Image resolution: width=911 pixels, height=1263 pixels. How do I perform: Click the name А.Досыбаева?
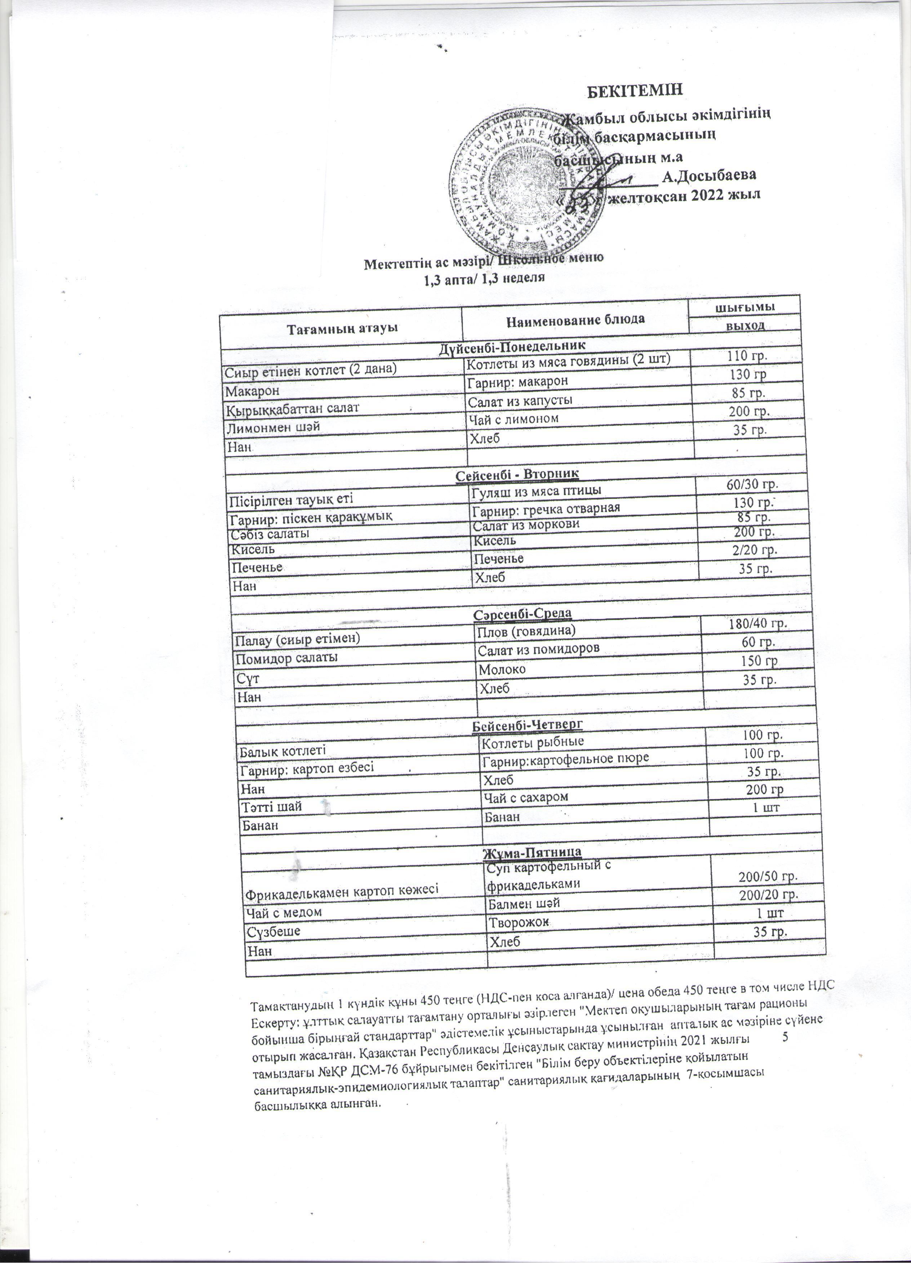coord(709,176)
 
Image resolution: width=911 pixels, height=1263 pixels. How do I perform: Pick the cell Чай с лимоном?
coord(513,418)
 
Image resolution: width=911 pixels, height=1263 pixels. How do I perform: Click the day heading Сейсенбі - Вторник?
coord(517,473)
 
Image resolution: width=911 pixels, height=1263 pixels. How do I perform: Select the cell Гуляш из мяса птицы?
coord(536,491)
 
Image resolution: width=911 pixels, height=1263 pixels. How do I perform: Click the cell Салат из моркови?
coord(526,525)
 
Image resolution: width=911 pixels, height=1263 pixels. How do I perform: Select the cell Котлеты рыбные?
coord(533,742)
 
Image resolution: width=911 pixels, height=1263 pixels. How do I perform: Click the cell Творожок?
coord(519,923)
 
